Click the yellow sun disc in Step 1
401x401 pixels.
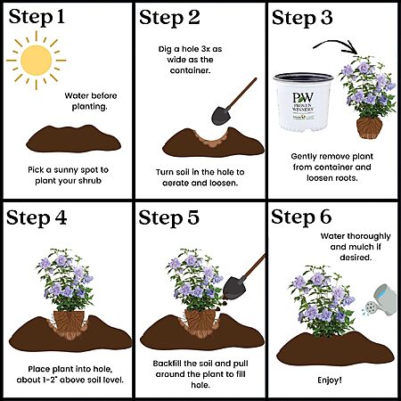[x=37, y=61]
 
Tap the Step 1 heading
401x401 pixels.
[x=37, y=17]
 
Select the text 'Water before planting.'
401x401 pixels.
[x=91, y=101]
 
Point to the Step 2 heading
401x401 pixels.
[x=169, y=18]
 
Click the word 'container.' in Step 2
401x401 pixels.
[x=190, y=70]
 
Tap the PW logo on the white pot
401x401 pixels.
[x=303, y=97]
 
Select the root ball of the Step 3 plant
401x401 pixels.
[x=369, y=127]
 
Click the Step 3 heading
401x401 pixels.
[x=302, y=18]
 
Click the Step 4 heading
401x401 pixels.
[x=37, y=218]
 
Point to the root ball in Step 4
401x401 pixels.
[x=69, y=322]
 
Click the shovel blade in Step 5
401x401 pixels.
[x=234, y=287]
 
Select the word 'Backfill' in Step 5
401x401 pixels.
[x=168, y=364]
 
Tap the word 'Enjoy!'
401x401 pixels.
[x=330, y=381]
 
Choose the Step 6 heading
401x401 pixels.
[x=301, y=217]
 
